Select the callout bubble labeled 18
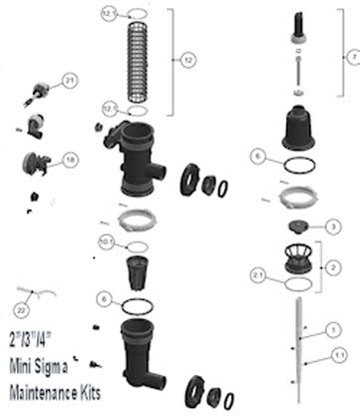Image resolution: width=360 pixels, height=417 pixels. [69, 160]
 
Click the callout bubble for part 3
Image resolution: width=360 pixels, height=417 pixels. [332, 227]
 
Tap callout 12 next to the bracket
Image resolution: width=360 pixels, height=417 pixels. [189, 60]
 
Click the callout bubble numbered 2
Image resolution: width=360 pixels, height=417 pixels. [332, 265]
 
